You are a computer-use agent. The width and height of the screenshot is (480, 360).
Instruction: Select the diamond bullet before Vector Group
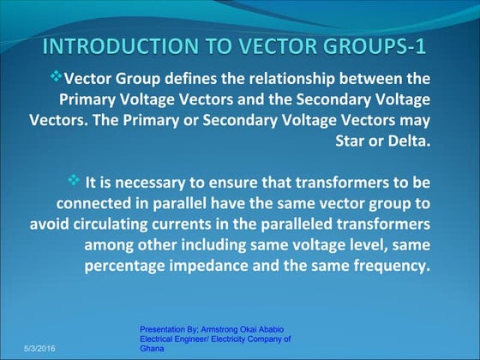57,75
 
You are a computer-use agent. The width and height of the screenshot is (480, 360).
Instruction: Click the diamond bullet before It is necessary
73,180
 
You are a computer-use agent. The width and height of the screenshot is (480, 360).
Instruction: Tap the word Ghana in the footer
152,350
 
